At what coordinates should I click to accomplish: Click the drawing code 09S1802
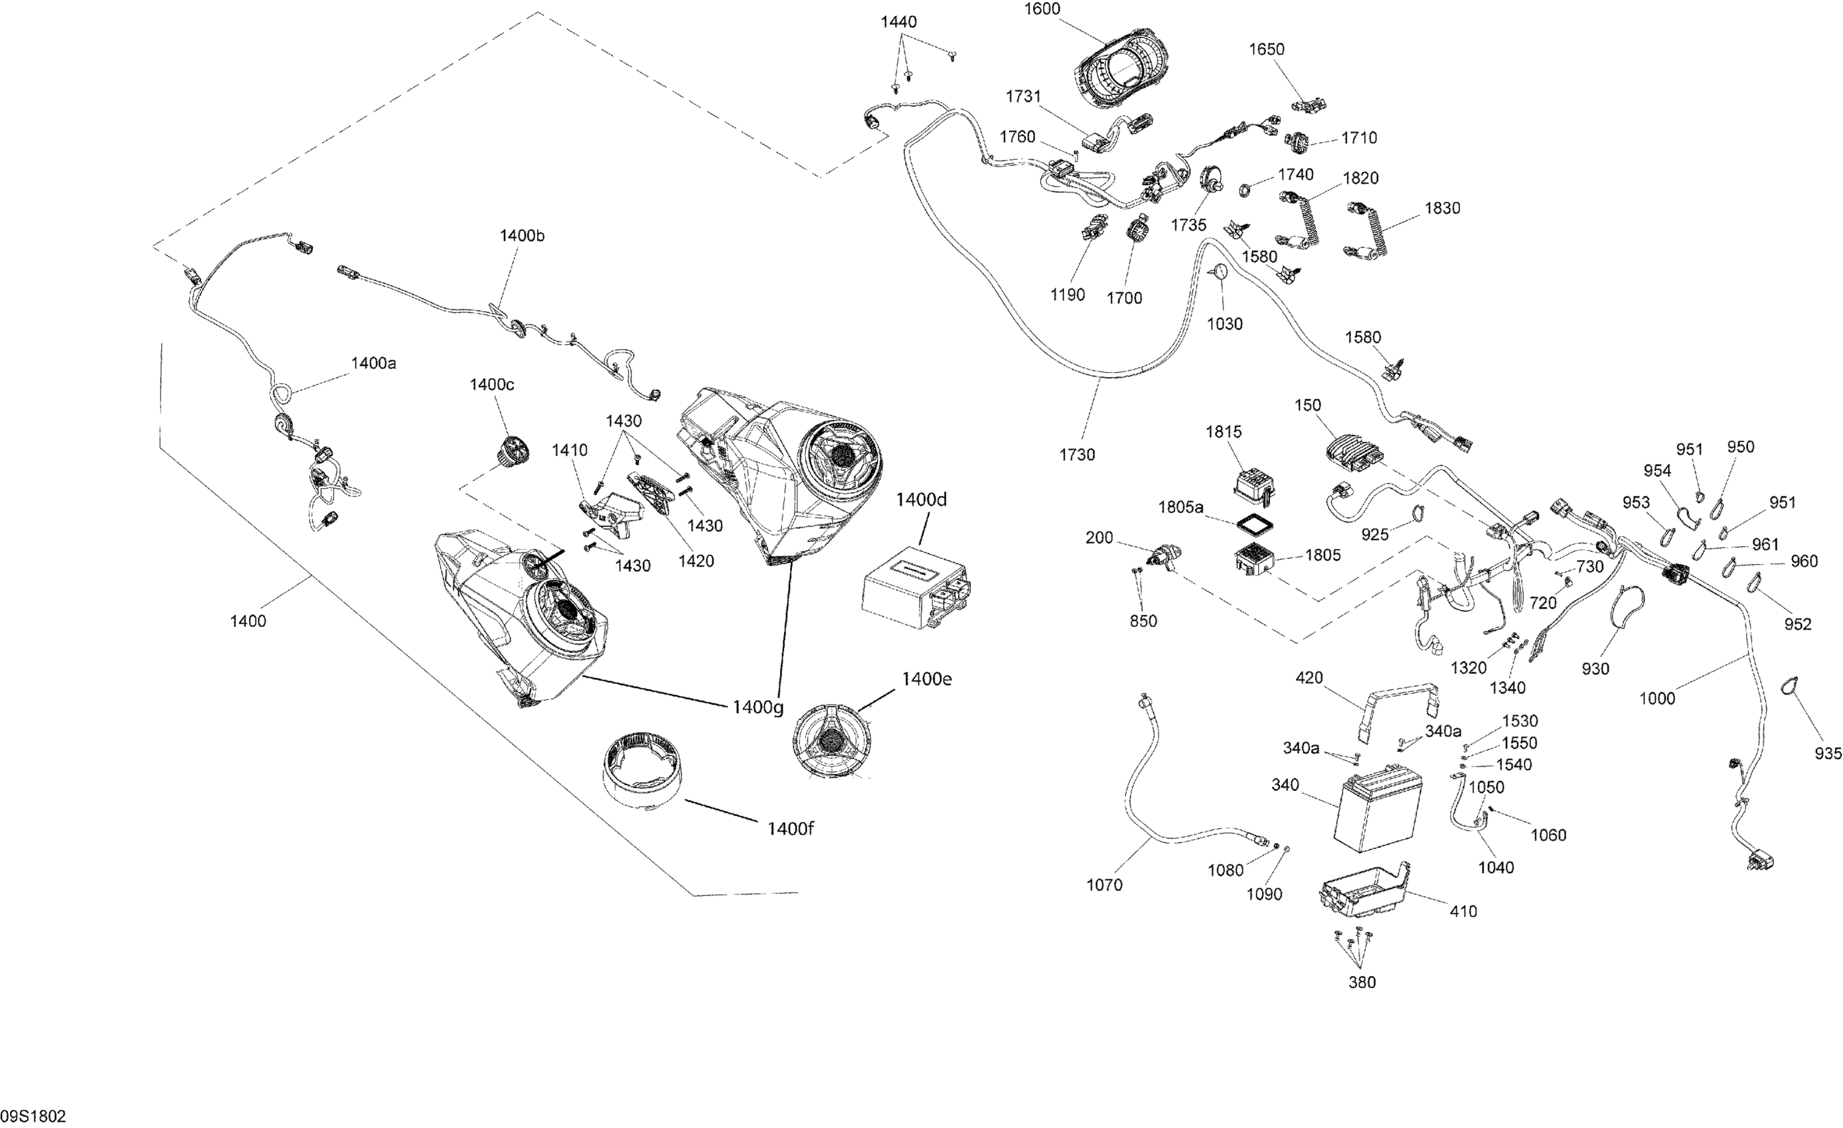[35, 1116]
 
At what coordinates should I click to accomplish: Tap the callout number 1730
[1077, 455]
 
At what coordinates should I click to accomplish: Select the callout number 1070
[1104, 885]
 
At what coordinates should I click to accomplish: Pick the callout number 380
[1361, 982]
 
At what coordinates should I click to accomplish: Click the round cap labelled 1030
[1218, 272]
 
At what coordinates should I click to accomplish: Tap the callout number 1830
[1442, 208]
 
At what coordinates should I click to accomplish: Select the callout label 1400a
[373, 364]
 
